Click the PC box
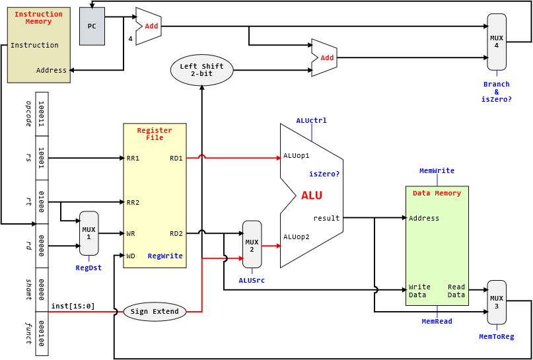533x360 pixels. coord(92,26)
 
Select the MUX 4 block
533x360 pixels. coord(497,42)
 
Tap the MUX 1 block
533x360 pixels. coord(89,233)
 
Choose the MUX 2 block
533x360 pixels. coord(252,244)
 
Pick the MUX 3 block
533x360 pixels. coord(497,302)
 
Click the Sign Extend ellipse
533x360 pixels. coord(155,312)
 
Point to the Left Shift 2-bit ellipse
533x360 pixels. coord(201,70)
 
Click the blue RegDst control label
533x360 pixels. coord(89,268)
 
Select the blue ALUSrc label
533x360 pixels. coord(252,280)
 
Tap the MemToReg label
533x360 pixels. coord(496,336)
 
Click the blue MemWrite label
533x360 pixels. coord(437,170)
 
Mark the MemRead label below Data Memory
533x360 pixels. coord(437,321)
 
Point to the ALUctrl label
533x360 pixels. coord(311,120)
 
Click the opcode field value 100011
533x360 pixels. coord(42,114)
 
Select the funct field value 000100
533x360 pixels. coord(42,334)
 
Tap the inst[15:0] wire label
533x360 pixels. coord(73,306)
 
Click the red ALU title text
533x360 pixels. coord(312,196)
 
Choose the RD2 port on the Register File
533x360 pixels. coord(176,233)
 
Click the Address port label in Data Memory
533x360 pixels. coord(424,218)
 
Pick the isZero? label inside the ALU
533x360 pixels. coord(324,174)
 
